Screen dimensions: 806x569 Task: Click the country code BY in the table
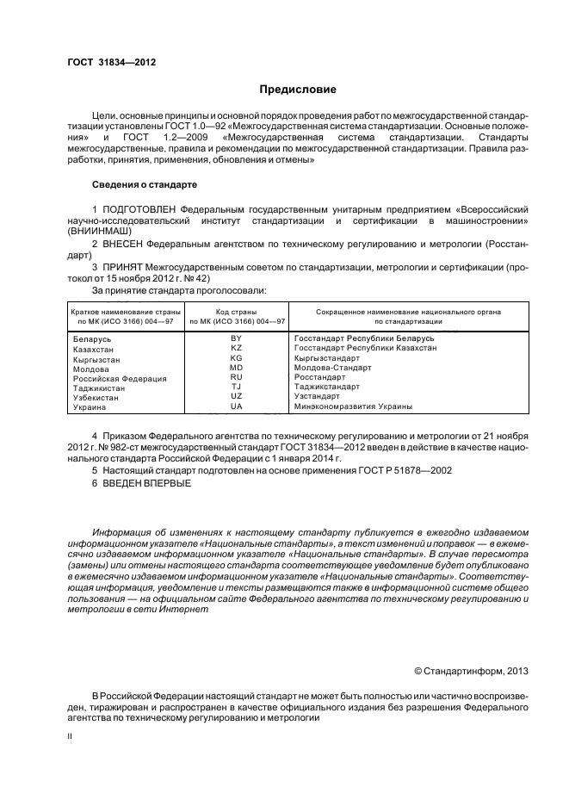236,338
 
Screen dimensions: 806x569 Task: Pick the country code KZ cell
236,347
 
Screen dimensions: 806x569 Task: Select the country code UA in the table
236,406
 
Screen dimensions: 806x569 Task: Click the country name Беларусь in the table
94,339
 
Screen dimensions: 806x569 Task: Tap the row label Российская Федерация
120,378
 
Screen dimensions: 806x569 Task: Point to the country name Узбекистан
99,397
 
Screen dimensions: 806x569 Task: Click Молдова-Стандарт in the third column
332,367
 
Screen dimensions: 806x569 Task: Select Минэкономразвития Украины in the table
352,406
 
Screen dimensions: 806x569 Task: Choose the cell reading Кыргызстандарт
331,357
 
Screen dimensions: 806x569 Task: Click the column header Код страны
236,310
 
